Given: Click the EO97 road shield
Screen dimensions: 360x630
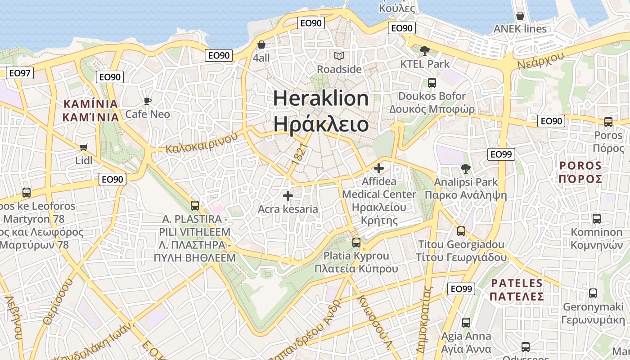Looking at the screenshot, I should (20, 73).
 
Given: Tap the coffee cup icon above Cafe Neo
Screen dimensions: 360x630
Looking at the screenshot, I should (148, 101).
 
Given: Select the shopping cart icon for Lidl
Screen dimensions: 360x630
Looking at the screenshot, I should (83, 148).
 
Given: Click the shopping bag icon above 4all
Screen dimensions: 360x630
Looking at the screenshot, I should (261, 45).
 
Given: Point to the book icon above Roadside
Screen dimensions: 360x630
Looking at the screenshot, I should (339, 56).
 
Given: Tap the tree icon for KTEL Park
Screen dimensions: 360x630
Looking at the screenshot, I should (424, 50).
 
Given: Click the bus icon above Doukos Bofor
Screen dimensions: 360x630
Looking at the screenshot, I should (432, 83).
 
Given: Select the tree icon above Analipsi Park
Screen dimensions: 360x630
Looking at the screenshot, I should (466, 169).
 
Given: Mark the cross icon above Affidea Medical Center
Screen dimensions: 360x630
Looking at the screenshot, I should (379, 168).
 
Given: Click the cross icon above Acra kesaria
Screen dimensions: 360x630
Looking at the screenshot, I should (288, 196).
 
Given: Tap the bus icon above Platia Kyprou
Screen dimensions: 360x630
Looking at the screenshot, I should (356, 243).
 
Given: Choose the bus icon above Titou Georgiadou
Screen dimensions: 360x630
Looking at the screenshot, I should (461, 231).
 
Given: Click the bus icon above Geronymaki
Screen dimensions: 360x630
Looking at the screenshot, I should (593, 293).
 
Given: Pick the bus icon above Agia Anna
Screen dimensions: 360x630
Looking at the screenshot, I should (466, 323).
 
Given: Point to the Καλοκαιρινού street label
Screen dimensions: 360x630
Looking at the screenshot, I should (201, 143).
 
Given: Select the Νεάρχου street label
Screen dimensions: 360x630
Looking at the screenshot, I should (540, 60).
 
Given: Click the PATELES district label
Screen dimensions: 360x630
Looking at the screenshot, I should (517, 283).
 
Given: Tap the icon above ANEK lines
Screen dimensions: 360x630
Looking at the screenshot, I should (520, 16).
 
